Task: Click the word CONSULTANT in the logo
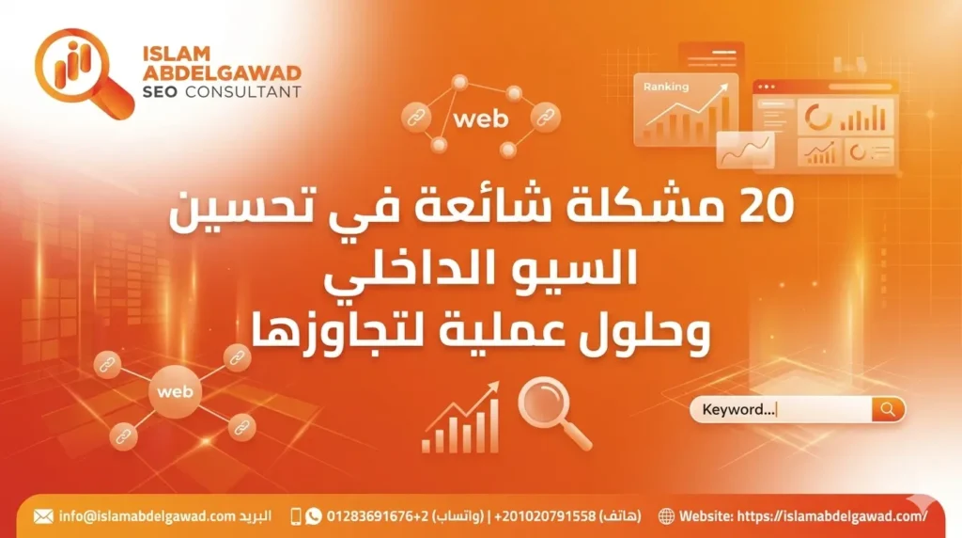(243, 91)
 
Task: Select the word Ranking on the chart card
(665, 87)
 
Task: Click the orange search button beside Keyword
(888, 409)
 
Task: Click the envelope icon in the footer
(43, 516)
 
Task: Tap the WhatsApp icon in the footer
(314, 516)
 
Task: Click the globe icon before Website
(666, 516)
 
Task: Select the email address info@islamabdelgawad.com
(146, 516)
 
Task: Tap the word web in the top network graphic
(480, 119)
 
